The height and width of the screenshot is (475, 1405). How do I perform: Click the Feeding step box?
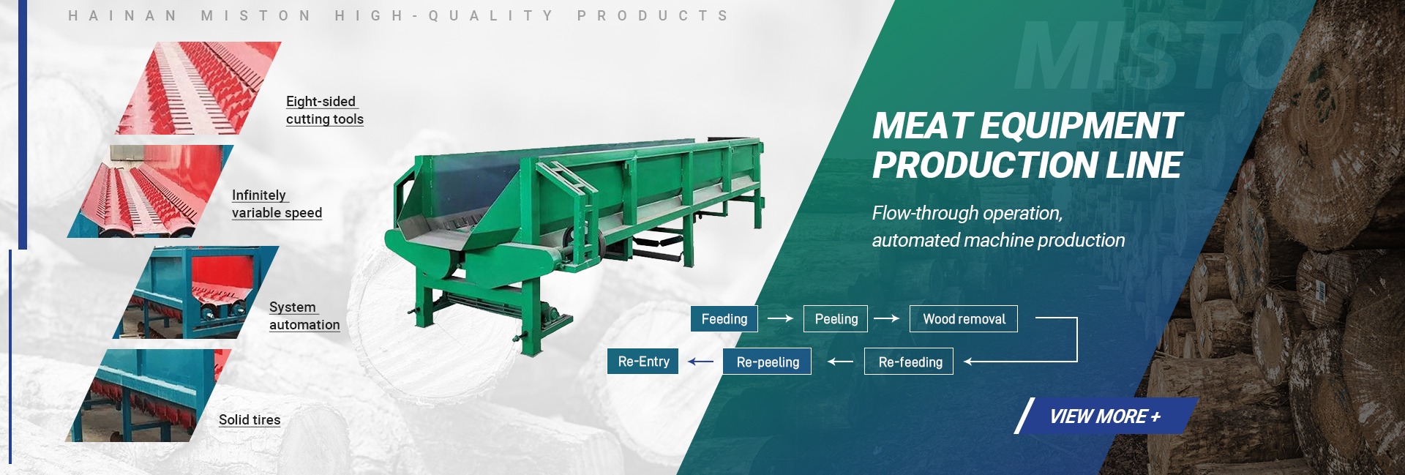click(x=724, y=319)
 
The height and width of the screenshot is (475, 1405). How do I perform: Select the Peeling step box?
click(x=836, y=319)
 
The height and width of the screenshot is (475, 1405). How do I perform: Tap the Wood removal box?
click(x=964, y=319)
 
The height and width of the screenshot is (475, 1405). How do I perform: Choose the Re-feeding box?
click(x=909, y=362)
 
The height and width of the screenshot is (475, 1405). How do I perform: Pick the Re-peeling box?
click(x=767, y=362)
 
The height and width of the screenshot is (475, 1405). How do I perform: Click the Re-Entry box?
click(x=643, y=362)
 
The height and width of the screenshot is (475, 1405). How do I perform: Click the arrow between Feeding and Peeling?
click(x=780, y=318)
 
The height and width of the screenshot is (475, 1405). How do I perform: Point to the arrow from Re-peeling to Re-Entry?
click(x=700, y=361)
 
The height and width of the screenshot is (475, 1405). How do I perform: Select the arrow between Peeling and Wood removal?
click(x=886, y=318)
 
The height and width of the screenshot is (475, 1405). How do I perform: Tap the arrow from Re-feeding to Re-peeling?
click(x=840, y=362)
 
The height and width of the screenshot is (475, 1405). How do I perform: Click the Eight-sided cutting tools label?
click(x=324, y=111)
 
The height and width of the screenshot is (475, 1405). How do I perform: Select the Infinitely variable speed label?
click(x=277, y=204)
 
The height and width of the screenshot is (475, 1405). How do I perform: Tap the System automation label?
click(x=304, y=316)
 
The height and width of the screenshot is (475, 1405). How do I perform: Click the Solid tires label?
click(x=250, y=420)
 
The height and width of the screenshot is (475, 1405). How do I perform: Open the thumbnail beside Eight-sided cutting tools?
click(x=198, y=88)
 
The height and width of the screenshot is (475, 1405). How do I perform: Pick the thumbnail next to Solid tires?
click(x=149, y=395)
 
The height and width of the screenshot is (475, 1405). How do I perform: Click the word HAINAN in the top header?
click(x=122, y=15)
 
